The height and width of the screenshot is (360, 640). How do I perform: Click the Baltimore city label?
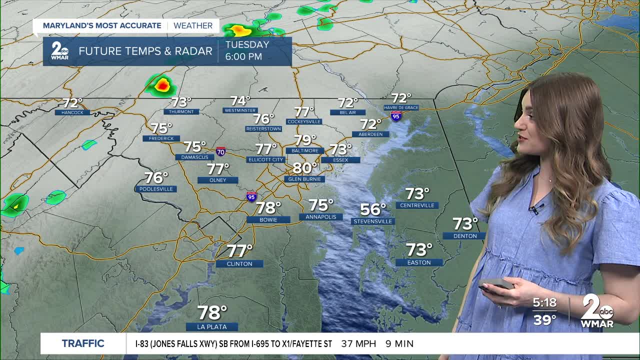click(x=304, y=150)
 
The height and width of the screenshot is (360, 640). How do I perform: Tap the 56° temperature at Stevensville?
click(x=373, y=209)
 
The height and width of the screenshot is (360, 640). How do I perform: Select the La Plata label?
click(x=212, y=326)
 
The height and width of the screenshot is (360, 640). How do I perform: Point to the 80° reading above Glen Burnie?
click(x=305, y=168)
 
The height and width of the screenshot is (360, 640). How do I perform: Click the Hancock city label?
click(x=72, y=112)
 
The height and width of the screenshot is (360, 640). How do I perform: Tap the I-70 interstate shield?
click(x=220, y=151)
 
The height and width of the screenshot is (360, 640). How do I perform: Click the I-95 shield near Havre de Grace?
click(x=396, y=116)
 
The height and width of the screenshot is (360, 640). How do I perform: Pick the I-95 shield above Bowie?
click(x=251, y=196)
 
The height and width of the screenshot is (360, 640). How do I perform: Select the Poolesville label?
click(x=156, y=189)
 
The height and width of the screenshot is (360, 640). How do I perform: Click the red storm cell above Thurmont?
click(x=162, y=85)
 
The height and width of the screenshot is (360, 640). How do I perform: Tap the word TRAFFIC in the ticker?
click(x=83, y=343)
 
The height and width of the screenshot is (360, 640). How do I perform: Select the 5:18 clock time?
click(x=544, y=302)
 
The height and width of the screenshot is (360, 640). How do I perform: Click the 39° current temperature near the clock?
click(x=544, y=319)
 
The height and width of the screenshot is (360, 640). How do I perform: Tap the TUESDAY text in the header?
click(x=247, y=44)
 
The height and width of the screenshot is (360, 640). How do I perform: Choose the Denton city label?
click(x=465, y=236)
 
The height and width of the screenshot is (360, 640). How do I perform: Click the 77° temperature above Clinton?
click(x=239, y=250)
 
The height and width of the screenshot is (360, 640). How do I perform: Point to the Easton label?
click(x=419, y=262)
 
